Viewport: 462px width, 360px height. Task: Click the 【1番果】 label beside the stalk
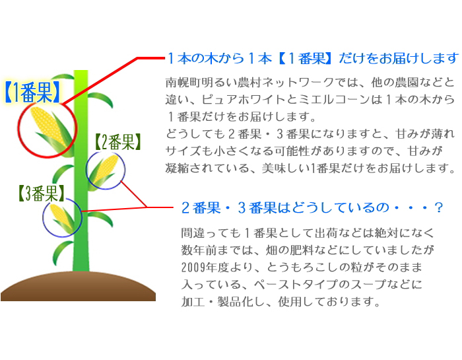coord(32,92)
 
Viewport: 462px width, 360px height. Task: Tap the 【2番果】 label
coord(117,142)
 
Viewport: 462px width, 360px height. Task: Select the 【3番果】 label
coord(41,194)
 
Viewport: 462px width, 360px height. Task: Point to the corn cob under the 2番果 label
coord(104,171)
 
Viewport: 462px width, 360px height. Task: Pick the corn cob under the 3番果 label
coord(63,217)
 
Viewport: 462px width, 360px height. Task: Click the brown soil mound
coord(78,286)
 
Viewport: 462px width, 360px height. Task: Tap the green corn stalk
coord(81,170)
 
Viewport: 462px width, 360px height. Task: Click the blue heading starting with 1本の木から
coord(313,58)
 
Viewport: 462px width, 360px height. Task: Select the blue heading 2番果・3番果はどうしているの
coord(312,207)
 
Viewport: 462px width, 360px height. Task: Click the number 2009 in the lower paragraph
coord(193,268)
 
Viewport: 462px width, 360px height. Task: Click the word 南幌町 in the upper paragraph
coord(183,83)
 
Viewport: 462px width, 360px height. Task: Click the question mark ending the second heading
coord(438,207)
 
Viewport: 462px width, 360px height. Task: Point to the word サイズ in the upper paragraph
coord(183,151)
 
